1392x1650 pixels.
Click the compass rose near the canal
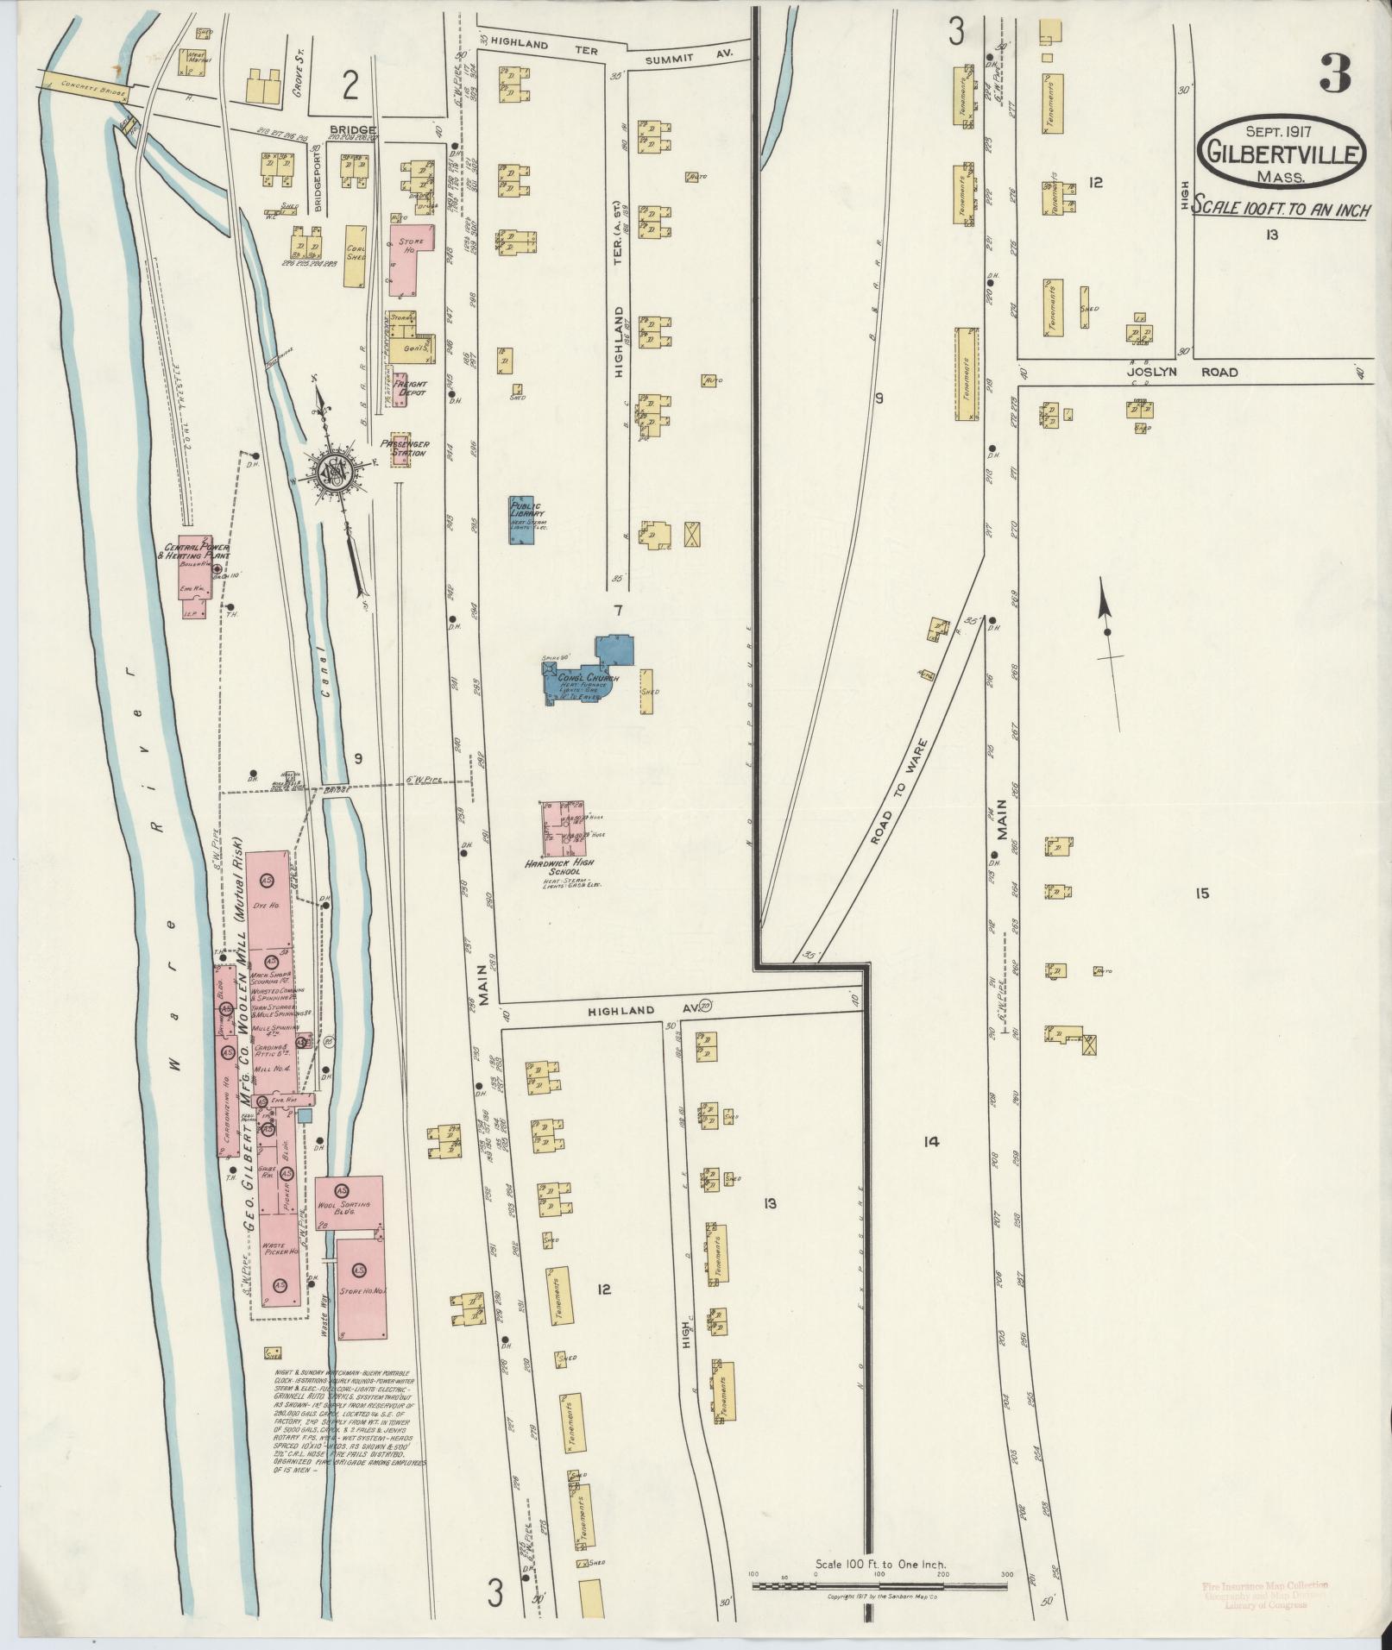(x=330, y=471)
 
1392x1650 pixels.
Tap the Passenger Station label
(x=403, y=449)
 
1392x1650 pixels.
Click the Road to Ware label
(x=898, y=790)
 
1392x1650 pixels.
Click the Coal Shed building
(x=355, y=256)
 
